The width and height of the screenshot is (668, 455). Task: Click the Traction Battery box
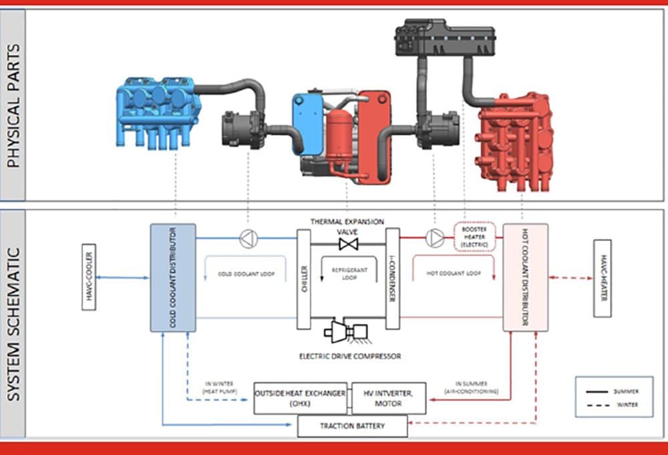(352, 426)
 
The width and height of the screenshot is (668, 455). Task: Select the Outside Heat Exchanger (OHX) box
(300, 398)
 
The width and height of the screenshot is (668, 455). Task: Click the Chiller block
(304, 279)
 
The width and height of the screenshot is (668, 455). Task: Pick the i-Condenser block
(393, 279)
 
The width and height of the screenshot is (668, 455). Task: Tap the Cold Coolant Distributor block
(172, 277)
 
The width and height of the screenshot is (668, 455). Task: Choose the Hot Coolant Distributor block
(525, 277)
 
